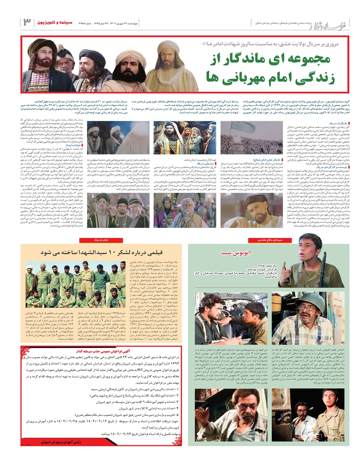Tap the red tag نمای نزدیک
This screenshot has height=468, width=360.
(x=101, y=240)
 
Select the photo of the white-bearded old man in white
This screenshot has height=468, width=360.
(x=184, y=210)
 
